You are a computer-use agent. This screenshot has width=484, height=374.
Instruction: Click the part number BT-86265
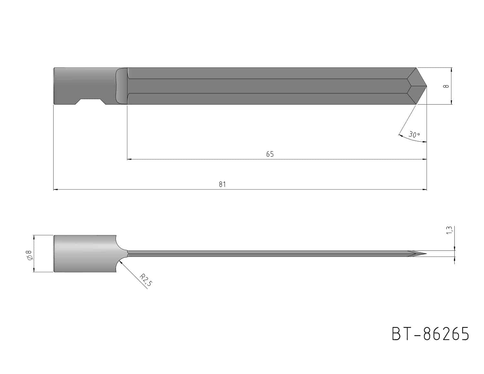point(430,334)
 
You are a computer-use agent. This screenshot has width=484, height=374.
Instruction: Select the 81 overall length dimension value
point(222,184)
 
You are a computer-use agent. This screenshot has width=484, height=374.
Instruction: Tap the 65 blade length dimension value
point(270,154)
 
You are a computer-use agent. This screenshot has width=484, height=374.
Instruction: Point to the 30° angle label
point(414,135)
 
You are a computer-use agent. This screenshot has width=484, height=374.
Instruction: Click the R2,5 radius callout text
point(146,280)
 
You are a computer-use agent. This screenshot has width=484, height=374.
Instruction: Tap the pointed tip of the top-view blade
point(427,86)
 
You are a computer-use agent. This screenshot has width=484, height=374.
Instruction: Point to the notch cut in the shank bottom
point(90,102)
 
